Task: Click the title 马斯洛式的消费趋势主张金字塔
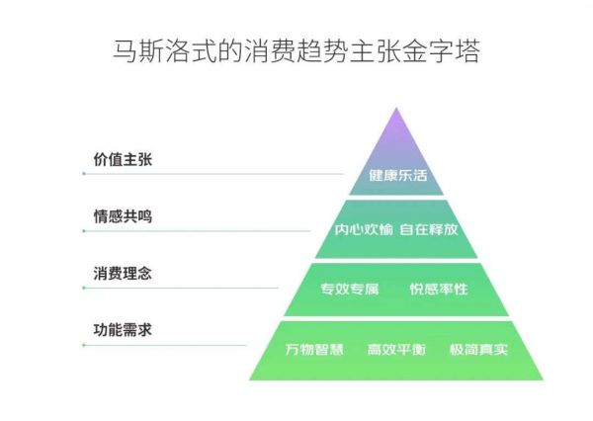point(296,49)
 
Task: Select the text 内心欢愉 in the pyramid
point(364,231)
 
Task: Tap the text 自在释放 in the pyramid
point(429,231)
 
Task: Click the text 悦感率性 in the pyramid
point(439,290)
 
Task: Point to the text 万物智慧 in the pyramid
point(313,350)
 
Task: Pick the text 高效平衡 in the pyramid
point(395,350)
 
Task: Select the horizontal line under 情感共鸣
point(198,231)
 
